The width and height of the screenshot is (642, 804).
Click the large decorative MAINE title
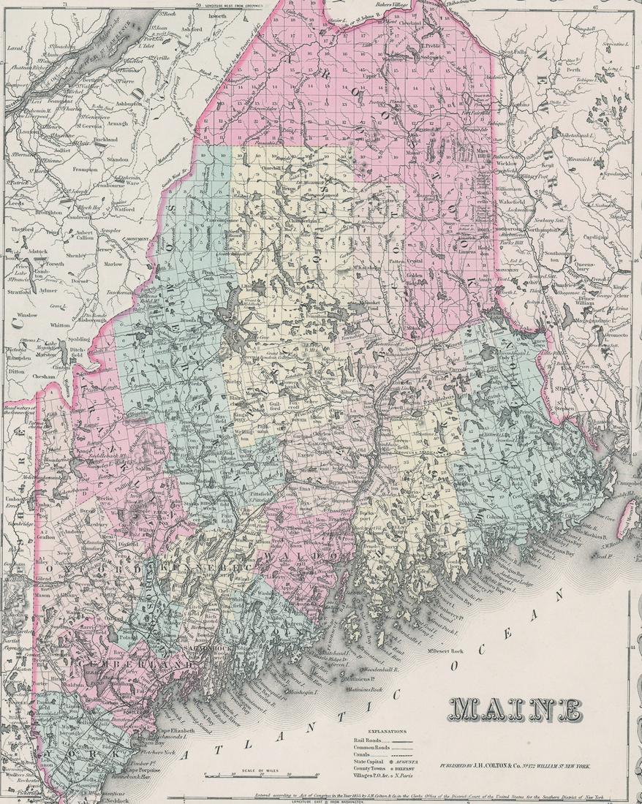point(518,709)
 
